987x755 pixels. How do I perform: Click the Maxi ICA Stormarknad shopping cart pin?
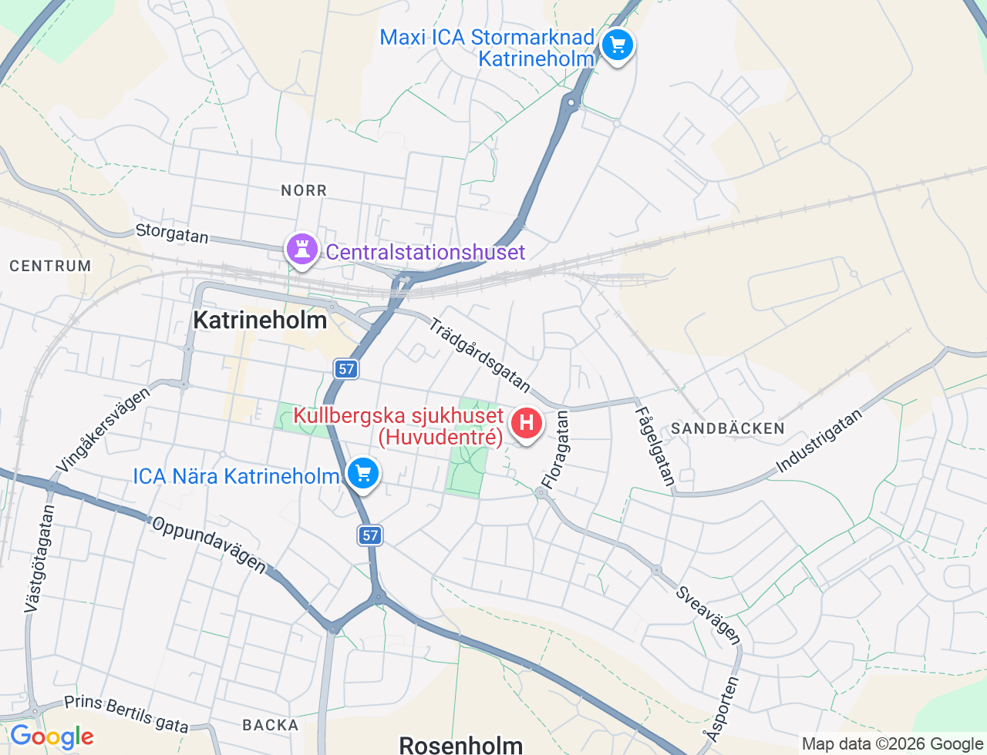tap(617, 45)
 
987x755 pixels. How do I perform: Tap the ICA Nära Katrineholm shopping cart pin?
tap(363, 474)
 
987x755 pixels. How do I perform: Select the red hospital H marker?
tap(527, 423)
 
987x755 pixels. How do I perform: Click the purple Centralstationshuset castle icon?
tap(301, 249)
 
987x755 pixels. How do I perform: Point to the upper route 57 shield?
tap(346, 369)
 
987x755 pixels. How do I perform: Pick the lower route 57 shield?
tap(370, 535)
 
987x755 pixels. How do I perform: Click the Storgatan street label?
tap(172, 233)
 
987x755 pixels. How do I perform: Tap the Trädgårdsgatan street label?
tap(480, 354)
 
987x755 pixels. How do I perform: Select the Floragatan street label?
tap(555, 450)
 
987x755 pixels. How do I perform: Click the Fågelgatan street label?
tap(655, 446)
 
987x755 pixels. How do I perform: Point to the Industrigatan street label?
tap(819, 441)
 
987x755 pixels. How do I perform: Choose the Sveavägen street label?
tap(708, 615)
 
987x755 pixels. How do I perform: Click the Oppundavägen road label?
tap(209, 545)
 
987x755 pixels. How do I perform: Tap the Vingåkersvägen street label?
tap(103, 430)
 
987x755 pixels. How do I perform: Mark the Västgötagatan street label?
tap(39, 559)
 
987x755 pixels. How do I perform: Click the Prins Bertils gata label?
tap(126, 714)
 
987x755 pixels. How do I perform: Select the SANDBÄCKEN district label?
tap(727, 428)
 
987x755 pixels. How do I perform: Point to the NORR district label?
tap(304, 190)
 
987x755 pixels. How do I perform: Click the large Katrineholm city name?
tap(260, 320)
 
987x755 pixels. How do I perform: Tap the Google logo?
tap(52, 737)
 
